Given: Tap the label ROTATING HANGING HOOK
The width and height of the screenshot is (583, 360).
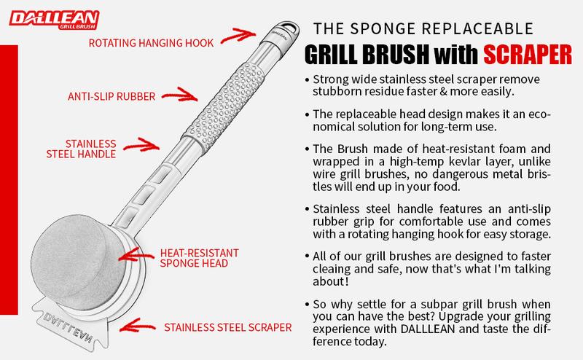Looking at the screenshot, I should [x=151, y=43].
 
